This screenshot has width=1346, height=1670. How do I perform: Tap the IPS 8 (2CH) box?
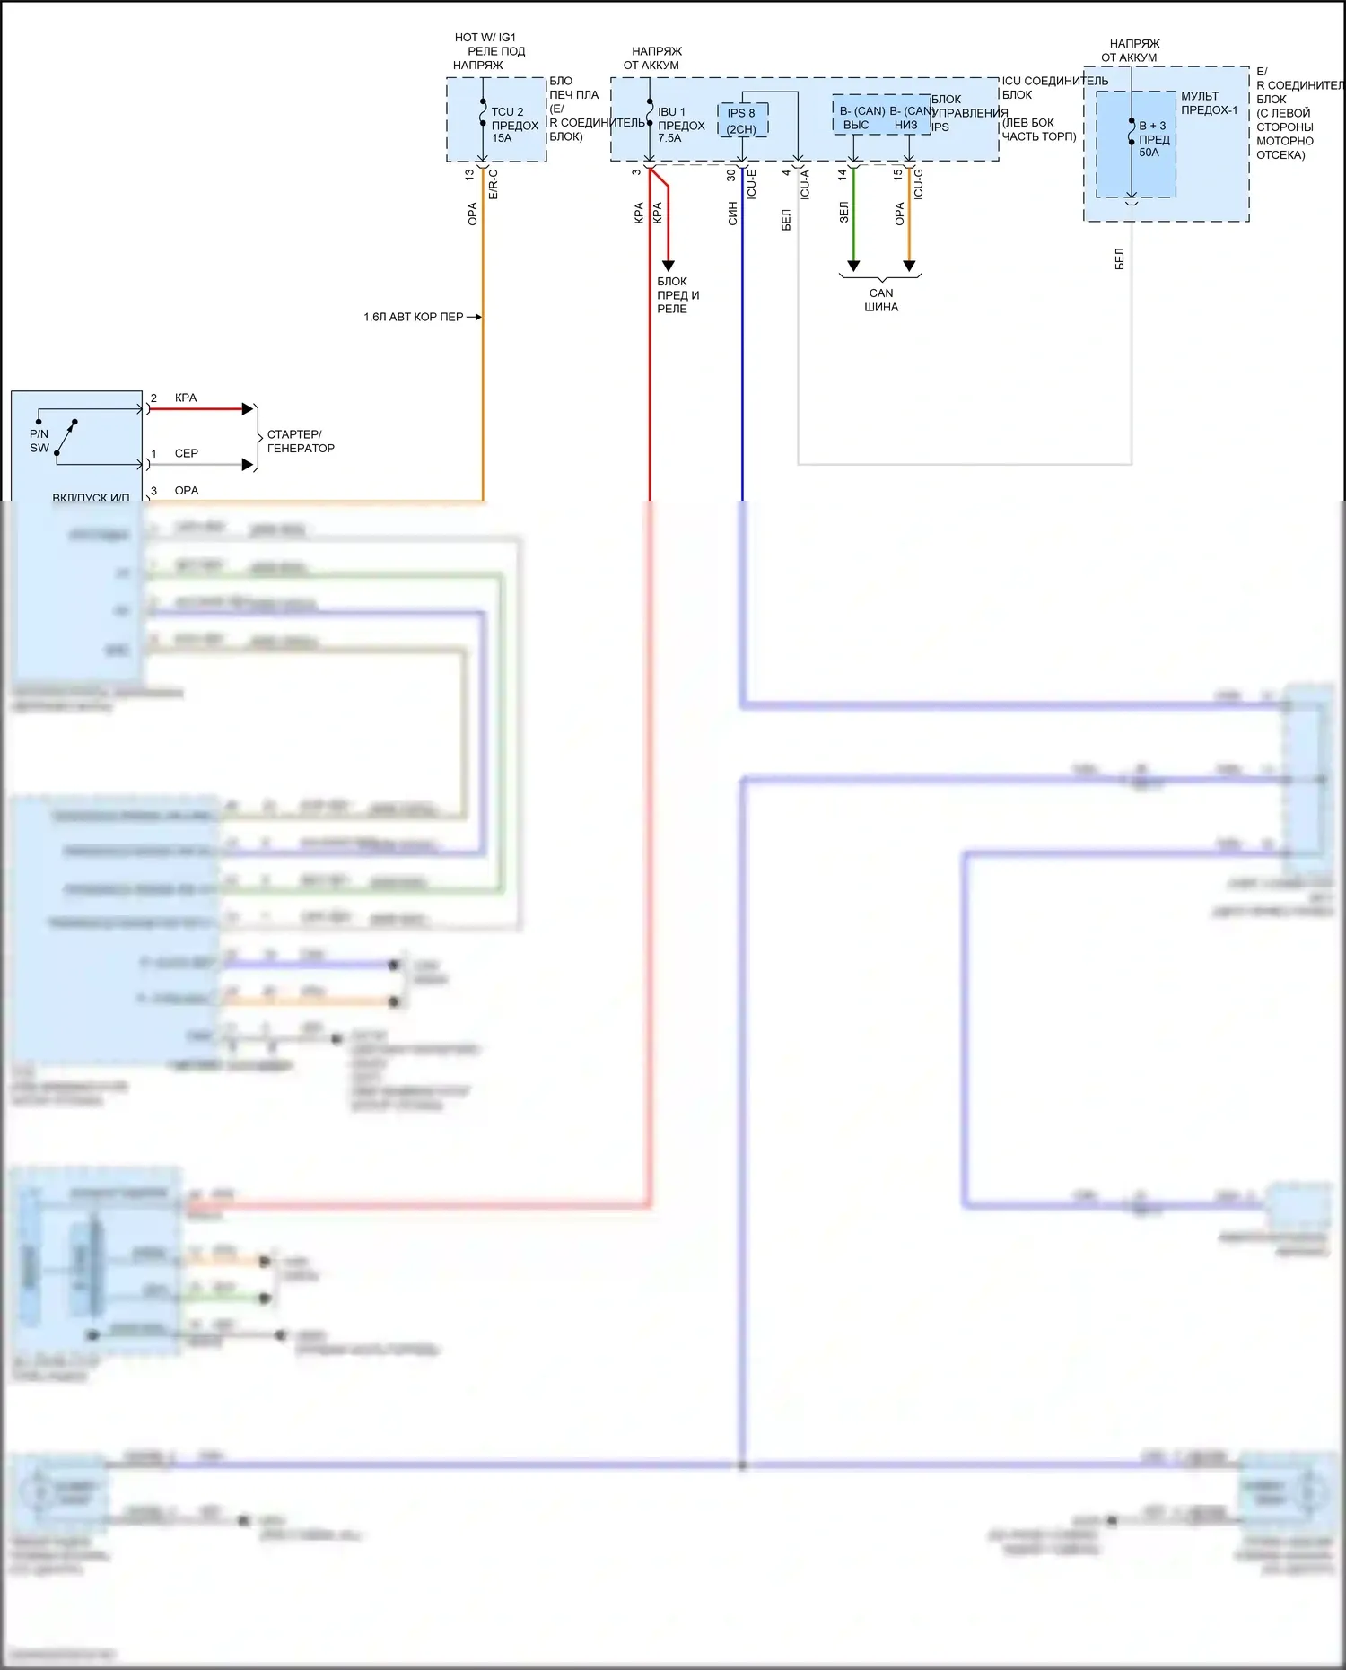(x=742, y=121)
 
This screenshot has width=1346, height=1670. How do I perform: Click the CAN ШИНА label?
(x=880, y=300)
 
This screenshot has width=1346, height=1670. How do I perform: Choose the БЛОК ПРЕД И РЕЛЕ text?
(x=677, y=294)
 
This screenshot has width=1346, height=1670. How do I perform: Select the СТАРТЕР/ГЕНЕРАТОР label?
(x=301, y=441)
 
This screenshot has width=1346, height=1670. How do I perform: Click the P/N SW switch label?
(x=39, y=441)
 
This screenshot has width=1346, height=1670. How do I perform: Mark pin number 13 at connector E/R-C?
(x=469, y=175)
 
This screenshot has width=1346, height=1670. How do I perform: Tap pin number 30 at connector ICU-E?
(x=731, y=175)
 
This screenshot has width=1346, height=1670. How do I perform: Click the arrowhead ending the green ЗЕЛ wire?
(x=853, y=266)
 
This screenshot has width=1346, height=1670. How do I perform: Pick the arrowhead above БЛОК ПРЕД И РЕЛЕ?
(x=668, y=266)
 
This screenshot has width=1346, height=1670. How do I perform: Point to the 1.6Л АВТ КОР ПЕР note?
(x=414, y=317)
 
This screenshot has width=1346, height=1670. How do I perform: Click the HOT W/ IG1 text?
(x=485, y=38)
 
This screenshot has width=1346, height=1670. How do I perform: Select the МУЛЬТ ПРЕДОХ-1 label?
(x=1208, y=103)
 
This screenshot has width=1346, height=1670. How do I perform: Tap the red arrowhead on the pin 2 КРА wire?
(x=248, y=409)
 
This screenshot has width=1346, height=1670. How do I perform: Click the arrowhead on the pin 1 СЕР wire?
(x=248, y=465)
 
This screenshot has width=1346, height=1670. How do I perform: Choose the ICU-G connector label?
(x=918, y=184)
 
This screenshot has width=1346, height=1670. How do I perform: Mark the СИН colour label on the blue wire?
(x=732, y=213)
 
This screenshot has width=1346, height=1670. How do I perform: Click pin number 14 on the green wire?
(x=843, y=175)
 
